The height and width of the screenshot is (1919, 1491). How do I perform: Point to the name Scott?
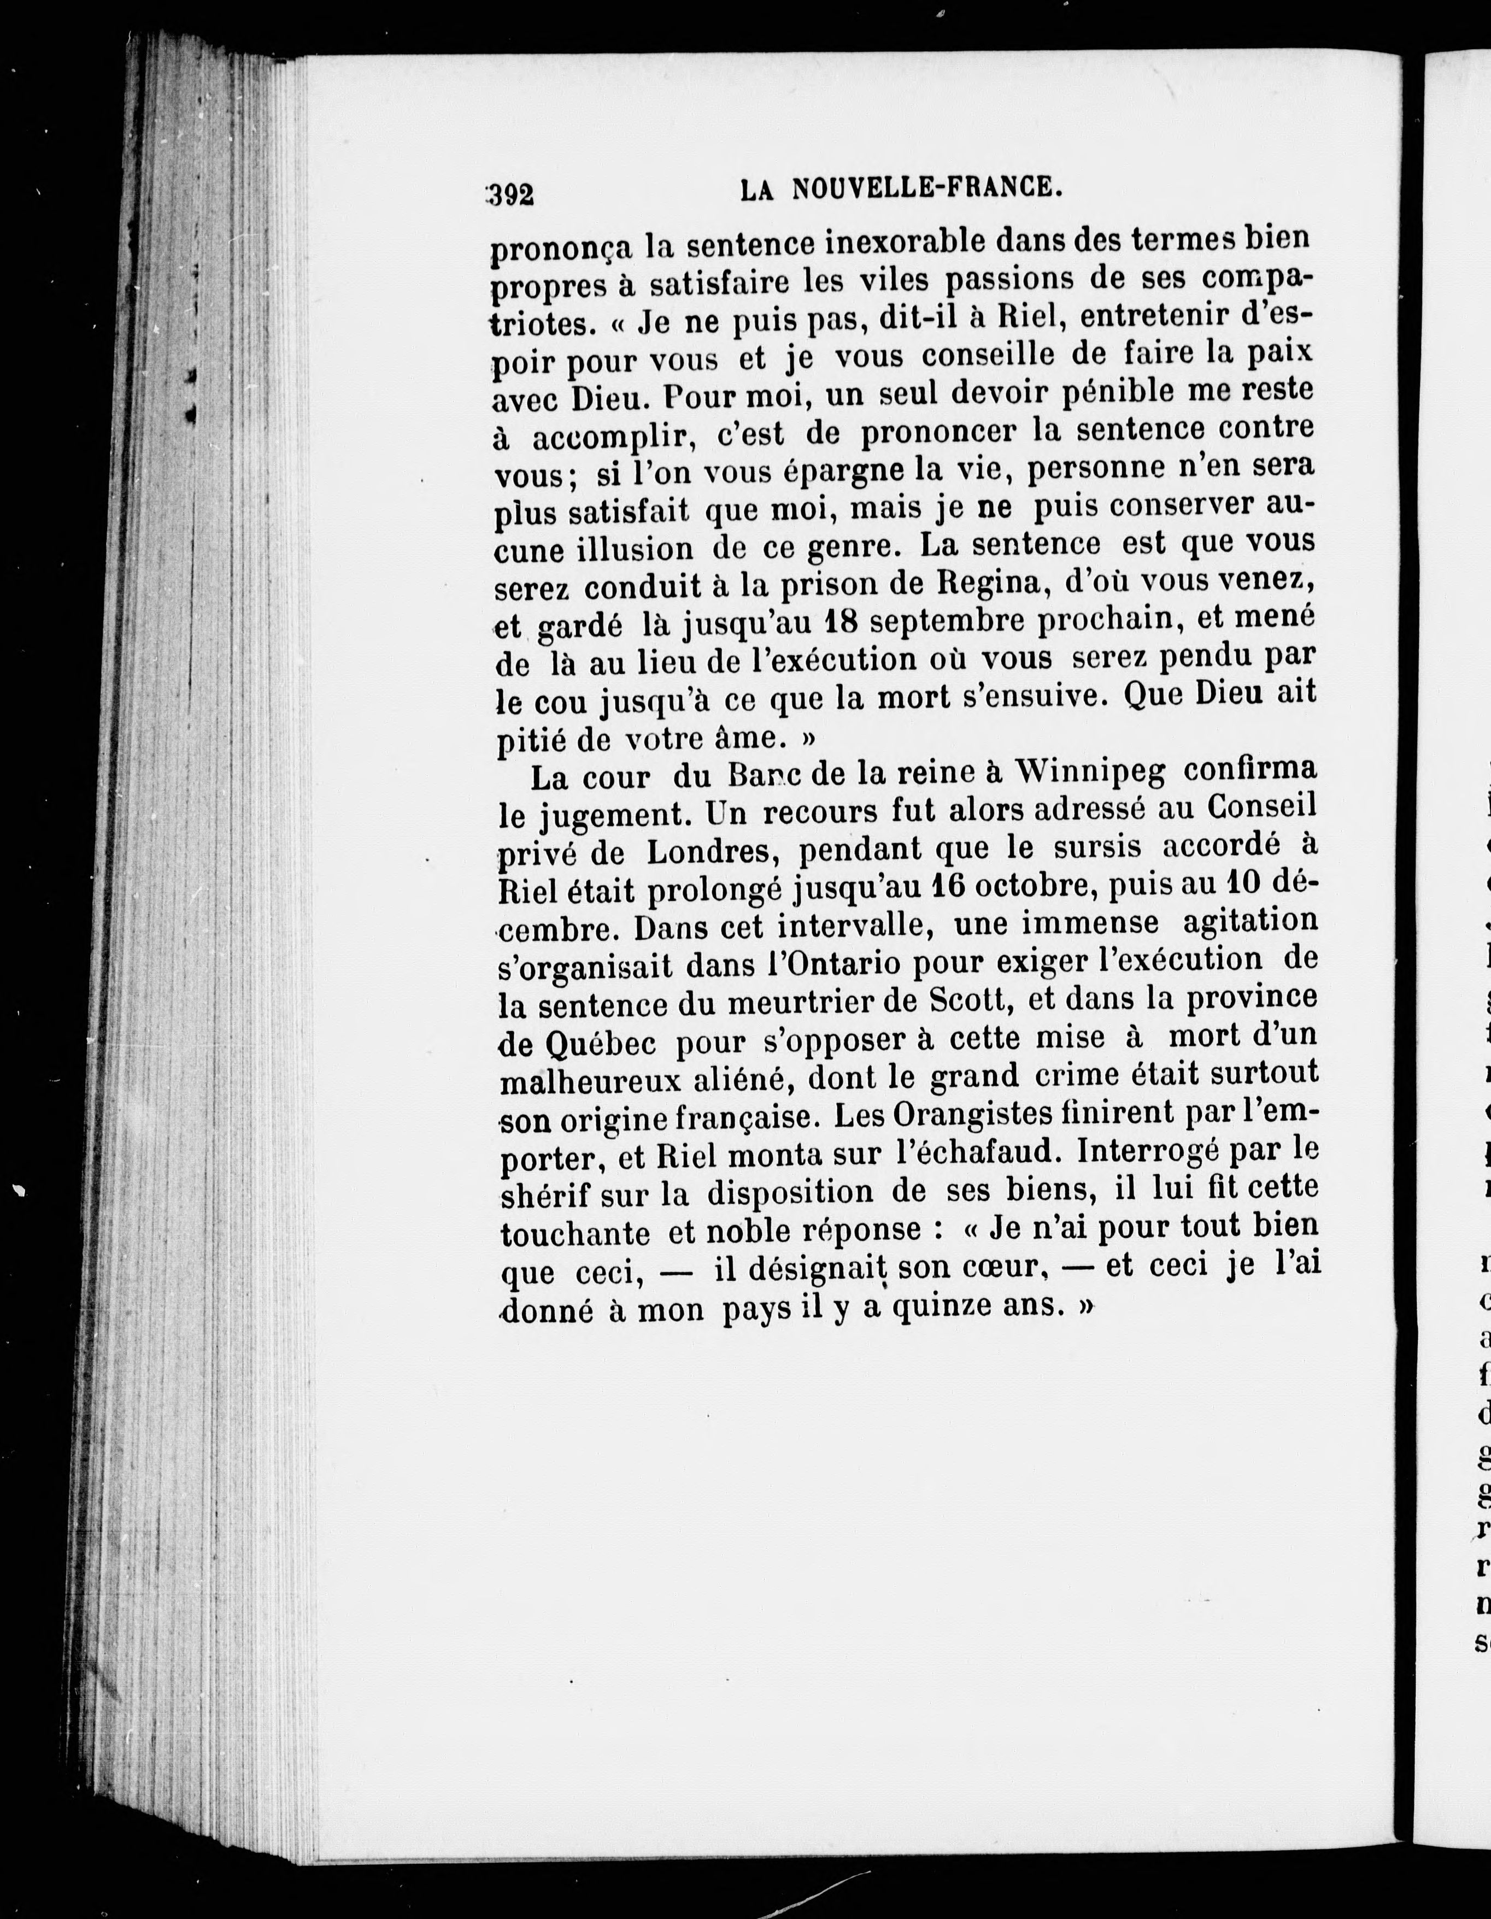point(962,1001)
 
